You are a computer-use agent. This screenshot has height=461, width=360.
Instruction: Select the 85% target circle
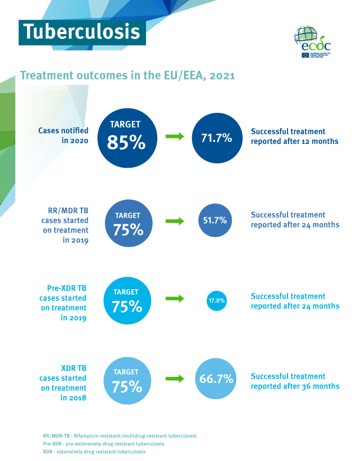point(126,136)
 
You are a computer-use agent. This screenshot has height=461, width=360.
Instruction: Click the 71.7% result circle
point(217,137)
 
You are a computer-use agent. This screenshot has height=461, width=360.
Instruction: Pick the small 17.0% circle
point(217,301)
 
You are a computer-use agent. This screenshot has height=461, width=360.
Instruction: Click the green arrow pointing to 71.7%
point(175,137)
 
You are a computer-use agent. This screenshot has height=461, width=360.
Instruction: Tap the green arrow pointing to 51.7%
point(175,221)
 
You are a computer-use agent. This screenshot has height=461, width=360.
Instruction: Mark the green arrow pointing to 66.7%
point(175,378)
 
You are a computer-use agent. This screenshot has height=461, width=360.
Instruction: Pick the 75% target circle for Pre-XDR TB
point(126,301)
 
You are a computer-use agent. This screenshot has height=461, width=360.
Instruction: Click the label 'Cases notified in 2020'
point(63,136)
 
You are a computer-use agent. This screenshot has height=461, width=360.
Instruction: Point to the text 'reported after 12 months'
point(295,141)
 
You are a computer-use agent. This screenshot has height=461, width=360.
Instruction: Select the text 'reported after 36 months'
point(295,386)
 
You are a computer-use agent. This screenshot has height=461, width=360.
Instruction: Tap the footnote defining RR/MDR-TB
point(120,436)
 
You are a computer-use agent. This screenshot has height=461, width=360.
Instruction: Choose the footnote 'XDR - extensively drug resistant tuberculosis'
point(94,451)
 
